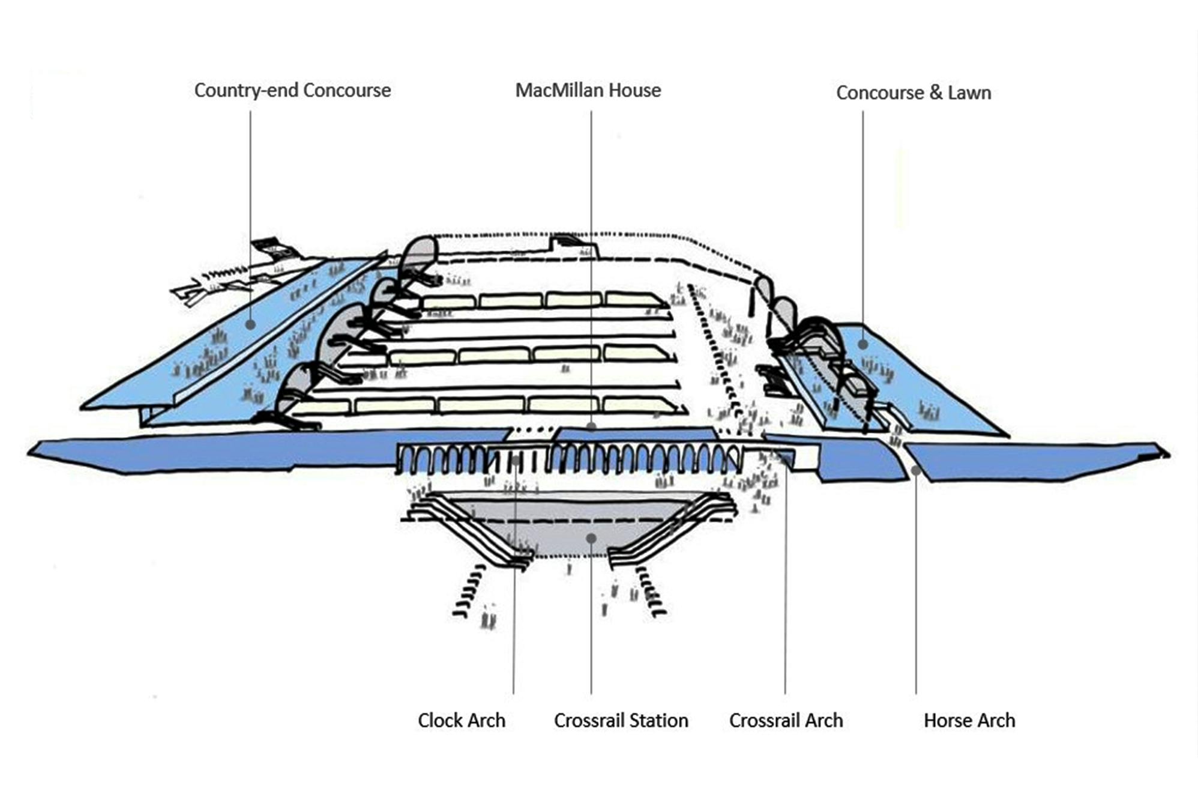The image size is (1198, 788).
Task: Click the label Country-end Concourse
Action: [292, 91]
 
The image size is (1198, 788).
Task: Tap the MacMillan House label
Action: [588, 91]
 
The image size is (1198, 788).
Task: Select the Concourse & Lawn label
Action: [914, 93]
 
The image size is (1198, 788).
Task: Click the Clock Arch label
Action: [462, 720]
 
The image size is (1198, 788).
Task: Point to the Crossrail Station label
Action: [621, 720]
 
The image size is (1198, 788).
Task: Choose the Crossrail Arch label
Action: [786, 720]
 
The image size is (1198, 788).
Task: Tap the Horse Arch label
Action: [969, 720]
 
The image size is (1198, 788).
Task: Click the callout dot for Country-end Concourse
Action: [250, 324]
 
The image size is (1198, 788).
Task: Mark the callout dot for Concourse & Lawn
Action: [862, 344]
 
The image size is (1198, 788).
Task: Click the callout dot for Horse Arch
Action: [916, 470]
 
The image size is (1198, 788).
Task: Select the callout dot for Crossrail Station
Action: [591, 538]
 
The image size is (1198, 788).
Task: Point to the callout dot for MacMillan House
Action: [591, 426]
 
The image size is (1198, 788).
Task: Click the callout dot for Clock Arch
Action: [516, 460]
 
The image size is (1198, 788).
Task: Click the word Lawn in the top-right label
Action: [969, 93]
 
